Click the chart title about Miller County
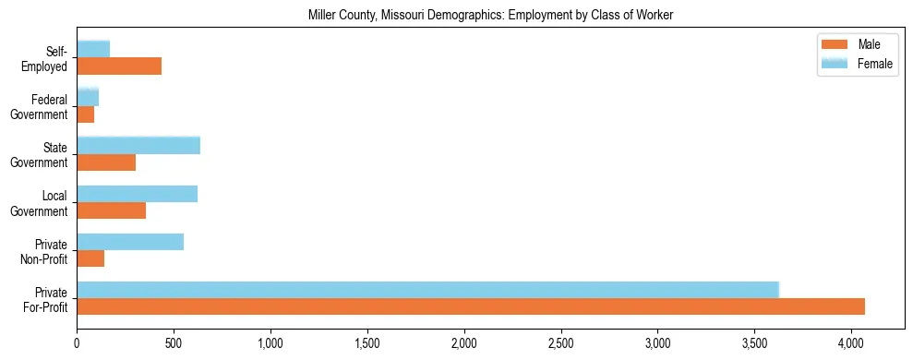pyautogui.click(x=456, y=14)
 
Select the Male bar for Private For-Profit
pyautogui.click(x=471, y=306)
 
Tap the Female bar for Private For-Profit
pyautogui.click(x=427, y=290)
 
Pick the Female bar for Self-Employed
pyautogui.click(x=93, y=49)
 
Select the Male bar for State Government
pyautogui.click(x=106, y=162)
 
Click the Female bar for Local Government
pyautogui.click(x=137, y=194)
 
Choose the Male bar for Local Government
pyautogui.click(x=111, y=210)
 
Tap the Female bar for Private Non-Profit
pyautogui.click(x=130, y=242)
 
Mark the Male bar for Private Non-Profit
pyautogui.click(x=90, y=258)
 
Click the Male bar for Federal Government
pyautogui.click(x=85, y=114)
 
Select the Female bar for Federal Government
pyautogui.click(x=88, y=97)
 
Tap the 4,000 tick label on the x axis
pyautogui.click(x=851, y=343)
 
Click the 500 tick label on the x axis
pyautogui.click(x=174, y=343)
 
